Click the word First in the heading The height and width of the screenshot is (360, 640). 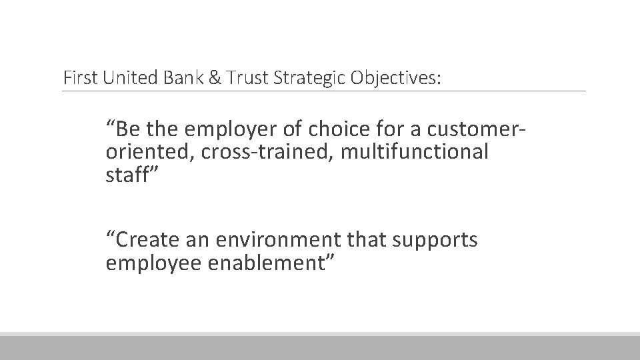point(79,78)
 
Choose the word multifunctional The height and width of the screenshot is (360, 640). point(414,152)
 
